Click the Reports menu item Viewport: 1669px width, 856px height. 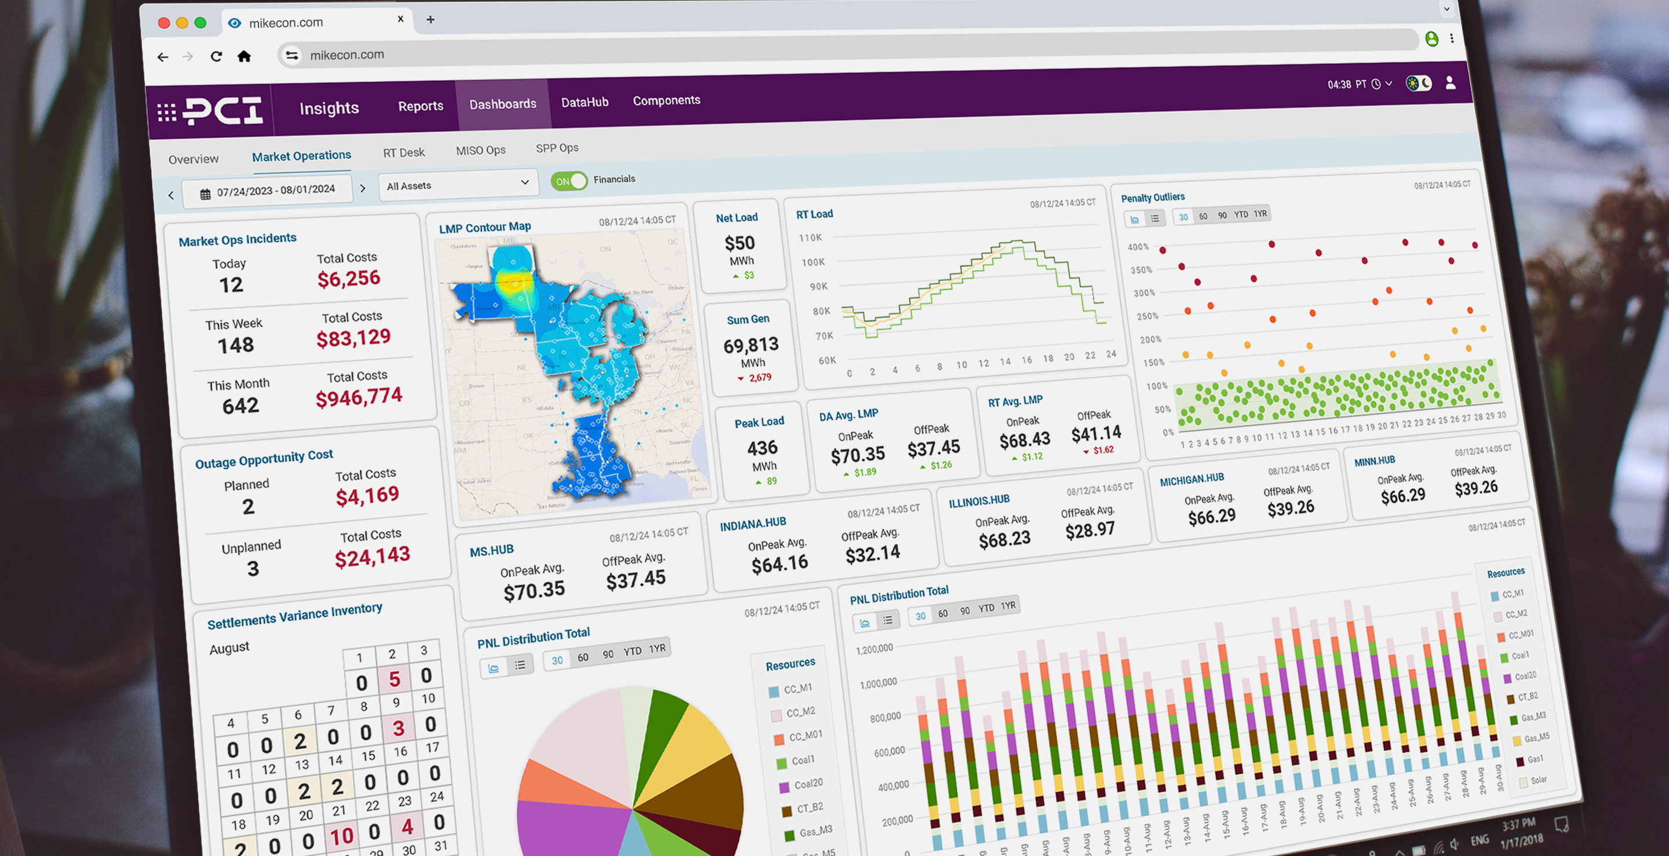point(421,106)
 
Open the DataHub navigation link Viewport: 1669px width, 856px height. point(584,103)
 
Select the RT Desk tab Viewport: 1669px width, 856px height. point(404,153)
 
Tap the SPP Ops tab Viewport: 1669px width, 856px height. point(556,148)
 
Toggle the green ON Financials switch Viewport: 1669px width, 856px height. point(569,181)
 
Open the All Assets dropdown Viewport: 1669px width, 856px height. point(457,185)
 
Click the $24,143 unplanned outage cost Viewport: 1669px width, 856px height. point(372,556)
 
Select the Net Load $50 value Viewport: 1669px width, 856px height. point(739,243)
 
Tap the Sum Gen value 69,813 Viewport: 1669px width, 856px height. point(751,345)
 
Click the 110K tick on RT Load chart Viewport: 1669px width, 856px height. point(810,237)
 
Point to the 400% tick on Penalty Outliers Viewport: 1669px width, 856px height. point(1138,247)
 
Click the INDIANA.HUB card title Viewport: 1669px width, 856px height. point(753,524)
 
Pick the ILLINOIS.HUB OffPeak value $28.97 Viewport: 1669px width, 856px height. point(1089,531)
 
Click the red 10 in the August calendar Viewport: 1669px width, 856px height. point(341,836)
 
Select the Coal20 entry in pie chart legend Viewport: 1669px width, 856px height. point(808,784)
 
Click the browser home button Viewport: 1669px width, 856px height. point(243,56)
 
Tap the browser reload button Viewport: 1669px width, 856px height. point(216,56)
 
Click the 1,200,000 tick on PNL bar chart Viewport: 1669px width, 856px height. point(874,649)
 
